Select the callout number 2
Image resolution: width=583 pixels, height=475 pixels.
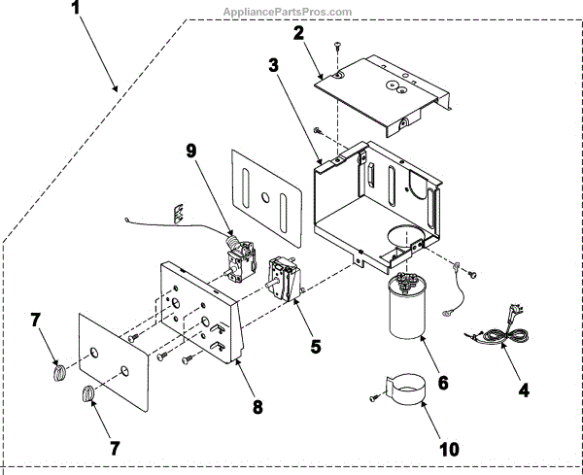300,33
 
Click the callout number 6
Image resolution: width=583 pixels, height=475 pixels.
442,382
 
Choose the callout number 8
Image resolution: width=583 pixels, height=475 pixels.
257,407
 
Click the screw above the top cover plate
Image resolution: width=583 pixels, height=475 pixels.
337,45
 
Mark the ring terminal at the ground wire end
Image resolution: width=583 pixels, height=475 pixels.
447,313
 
